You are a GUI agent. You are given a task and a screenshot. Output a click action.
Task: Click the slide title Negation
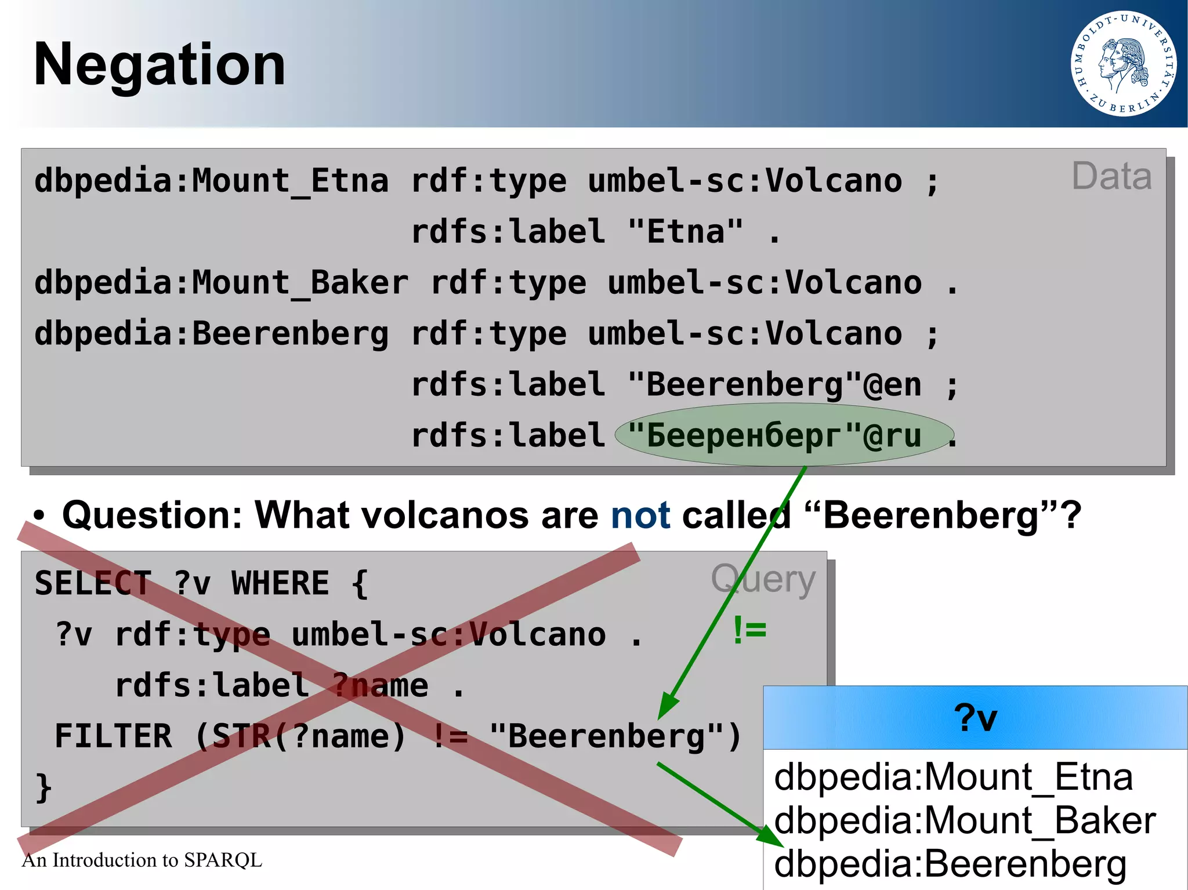(x=160, y=65)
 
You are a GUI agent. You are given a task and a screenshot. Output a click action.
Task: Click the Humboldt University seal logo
(x=1124, y=64)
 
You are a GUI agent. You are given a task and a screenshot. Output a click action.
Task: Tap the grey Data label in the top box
(x=1111, y=176)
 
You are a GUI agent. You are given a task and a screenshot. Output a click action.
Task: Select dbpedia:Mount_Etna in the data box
(x=211, y=181)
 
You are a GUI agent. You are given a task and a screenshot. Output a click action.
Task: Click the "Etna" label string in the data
(x=685, y=232)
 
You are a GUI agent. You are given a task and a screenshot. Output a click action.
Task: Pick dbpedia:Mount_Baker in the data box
(x=221, y=283)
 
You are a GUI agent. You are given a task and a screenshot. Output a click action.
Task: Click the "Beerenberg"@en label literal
(x=774, y=385)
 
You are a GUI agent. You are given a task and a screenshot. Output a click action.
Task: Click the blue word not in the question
(x=640, y=515)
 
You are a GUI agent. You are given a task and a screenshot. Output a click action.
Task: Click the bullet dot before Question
(x=39, y=515)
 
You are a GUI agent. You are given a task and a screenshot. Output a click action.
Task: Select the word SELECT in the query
(x=93, y=583)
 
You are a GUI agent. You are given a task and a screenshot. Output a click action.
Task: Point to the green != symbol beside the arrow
(x=749, y=630)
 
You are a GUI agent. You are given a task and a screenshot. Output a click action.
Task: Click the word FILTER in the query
(x=113, y=736)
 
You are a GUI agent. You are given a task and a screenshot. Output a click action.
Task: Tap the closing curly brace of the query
(x=44, y=788)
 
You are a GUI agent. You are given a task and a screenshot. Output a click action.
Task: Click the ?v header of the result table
(x=975, y=718)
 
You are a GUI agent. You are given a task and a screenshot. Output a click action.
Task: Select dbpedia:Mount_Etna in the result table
(x=953, y=777)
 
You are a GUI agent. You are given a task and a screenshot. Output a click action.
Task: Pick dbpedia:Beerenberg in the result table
(x=950, y=864)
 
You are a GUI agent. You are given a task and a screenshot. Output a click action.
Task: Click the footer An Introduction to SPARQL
(x=142, y=860)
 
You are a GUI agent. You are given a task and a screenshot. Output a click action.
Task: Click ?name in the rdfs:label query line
(x=380, y=686)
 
